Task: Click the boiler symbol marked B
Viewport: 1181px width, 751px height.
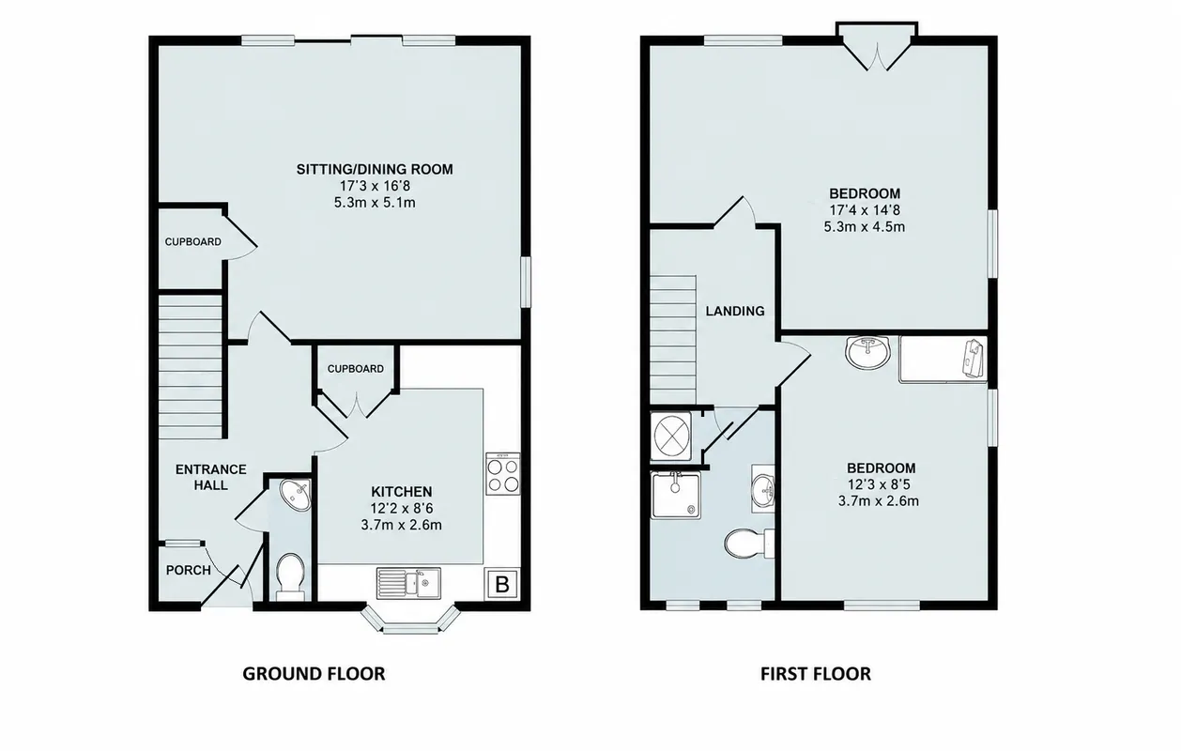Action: [501, 584]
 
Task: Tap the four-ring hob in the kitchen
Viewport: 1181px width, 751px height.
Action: [503, 473]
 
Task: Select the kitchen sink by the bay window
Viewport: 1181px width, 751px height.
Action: [408, 583]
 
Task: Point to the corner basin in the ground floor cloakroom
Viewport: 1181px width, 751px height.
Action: [295, 495]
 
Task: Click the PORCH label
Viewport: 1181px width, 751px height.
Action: [188, 570]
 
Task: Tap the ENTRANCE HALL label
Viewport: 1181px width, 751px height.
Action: [211, 477]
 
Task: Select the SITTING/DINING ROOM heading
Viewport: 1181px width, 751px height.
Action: [375, 169]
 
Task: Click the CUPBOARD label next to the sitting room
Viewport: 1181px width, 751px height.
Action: [193, 242]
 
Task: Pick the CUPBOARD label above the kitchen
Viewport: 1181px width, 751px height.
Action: [356, 369]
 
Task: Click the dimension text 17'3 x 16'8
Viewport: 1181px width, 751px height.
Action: [375, 186]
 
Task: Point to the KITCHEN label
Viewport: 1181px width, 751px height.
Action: [402, 492]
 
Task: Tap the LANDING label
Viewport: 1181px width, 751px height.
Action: [735, 311]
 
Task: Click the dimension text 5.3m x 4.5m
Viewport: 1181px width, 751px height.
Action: [865, 227]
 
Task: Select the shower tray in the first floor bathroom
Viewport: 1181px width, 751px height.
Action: [676, 496]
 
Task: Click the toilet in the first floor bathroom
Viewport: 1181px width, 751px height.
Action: [748, 544]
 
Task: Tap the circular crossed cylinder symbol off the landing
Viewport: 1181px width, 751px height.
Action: [670, 437]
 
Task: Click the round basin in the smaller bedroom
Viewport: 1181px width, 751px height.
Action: [867, 351]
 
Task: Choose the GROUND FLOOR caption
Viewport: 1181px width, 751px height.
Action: [314, 674]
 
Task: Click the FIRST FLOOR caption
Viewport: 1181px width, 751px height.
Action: [816, 674]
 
